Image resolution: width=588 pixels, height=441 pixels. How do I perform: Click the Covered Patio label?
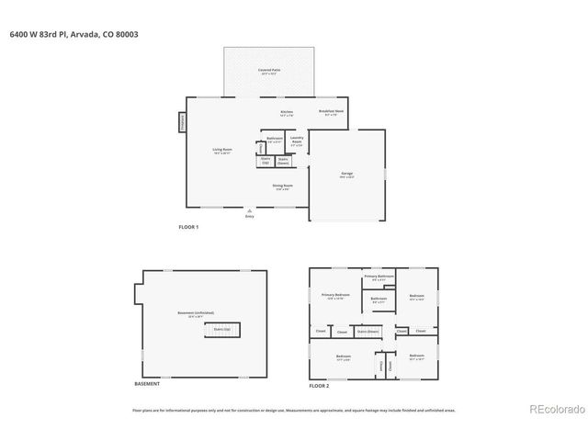[269, 71]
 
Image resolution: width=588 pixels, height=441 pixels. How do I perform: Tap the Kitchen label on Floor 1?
[287, 114]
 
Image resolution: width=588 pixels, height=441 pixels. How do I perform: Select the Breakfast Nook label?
[332, 112]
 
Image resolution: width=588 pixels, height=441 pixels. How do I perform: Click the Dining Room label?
[282, 187]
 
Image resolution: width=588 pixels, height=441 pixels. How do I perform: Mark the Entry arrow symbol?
[248, 210]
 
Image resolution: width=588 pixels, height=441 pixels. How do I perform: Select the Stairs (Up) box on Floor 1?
[266, 161]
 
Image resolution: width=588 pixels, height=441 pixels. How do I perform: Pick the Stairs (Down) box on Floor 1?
[284, 161]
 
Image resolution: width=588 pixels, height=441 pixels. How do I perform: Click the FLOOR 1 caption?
[188, 227]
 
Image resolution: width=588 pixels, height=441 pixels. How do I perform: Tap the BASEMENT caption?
[147, 383]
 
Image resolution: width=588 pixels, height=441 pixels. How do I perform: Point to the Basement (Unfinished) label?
[191, 313]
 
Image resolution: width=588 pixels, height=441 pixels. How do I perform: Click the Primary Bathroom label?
[379, 277]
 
